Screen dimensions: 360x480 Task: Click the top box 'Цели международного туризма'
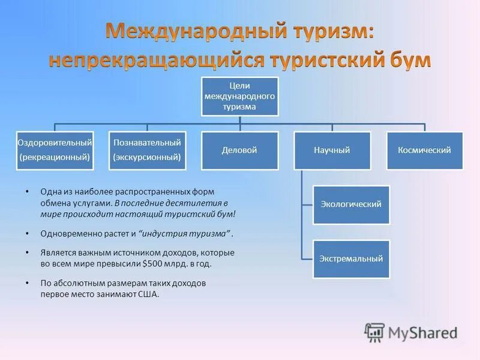(239, 96)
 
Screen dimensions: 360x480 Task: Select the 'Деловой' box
(239, 150)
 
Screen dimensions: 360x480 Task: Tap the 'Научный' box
(332, 150)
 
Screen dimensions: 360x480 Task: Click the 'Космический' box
(424, 150)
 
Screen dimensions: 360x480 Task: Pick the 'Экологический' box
(351, 205)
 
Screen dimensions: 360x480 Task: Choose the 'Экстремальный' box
(351, 259)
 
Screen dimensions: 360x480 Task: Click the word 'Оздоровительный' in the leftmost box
(55, 143)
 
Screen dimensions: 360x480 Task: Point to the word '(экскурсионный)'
(147, 157)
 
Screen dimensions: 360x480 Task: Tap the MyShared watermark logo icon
(374, 332)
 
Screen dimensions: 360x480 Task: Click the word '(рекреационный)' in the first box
(55, 157)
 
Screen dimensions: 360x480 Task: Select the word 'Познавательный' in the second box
(147, 143)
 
